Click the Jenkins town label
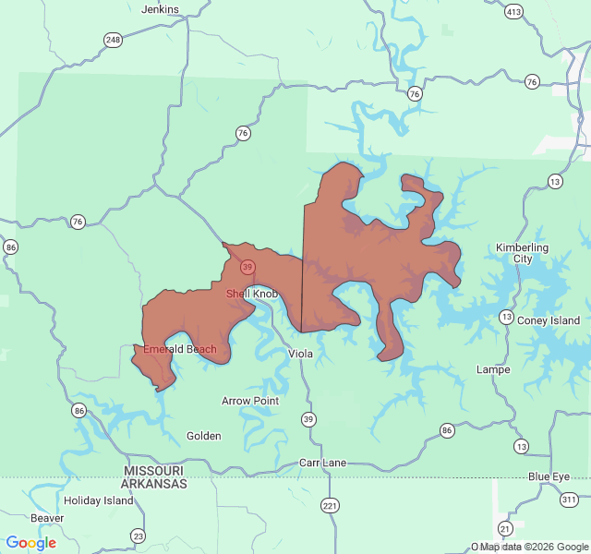pos(160,9)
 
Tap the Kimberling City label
pos(522,253)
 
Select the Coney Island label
pos(549,320)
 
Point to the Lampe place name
pos(493,369)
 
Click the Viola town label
pos(300,354)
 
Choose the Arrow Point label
pos(250,401)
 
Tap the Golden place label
pos(203,436)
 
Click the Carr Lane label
pos(322,463)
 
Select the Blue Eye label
pos(550,476)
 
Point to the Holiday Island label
pos(99,500)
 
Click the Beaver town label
pos(47,518)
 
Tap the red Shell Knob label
pos(252,294)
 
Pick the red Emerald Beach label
pos(180,349)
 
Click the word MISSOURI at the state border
pos(155,471)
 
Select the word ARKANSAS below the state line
pos(155,483)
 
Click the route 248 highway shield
pos(113,40)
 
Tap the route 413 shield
pos(514,12)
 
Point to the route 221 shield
pos(331,505)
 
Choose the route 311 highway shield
pos(568,499)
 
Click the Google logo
pos(30,543)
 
